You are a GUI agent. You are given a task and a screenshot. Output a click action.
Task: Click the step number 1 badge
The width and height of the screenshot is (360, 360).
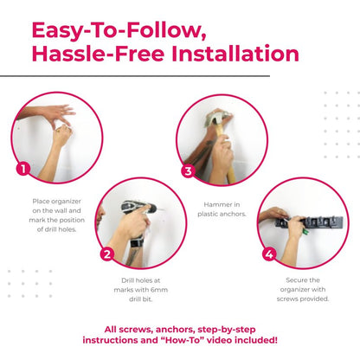[x=23, y=169]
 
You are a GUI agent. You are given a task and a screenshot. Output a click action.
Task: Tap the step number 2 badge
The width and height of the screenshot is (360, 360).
[x=107, y=254]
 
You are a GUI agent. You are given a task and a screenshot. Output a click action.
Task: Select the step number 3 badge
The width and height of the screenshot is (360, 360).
[x=188, y=171]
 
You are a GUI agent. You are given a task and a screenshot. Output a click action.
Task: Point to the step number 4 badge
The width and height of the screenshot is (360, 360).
[x=269, y=254]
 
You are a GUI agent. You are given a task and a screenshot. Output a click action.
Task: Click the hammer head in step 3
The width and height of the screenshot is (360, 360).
[x=215, y=119]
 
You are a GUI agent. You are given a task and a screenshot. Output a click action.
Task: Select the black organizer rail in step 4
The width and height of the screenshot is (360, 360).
[x=309, y=222]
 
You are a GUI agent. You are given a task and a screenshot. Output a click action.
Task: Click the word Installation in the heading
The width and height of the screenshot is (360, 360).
[x=235, y=54]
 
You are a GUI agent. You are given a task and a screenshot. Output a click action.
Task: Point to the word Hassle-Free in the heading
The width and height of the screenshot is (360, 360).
[x=98, y=54]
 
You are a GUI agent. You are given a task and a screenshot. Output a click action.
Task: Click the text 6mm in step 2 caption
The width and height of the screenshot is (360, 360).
[x=159, y=290]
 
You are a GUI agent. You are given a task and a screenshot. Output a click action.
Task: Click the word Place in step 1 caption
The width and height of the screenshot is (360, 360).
[x=41, y=202]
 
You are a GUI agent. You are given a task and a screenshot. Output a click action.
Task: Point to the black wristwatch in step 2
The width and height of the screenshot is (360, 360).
[x=137, y=242]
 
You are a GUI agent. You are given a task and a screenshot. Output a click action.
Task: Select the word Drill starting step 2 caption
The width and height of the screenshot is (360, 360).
[x=127, y=280]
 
